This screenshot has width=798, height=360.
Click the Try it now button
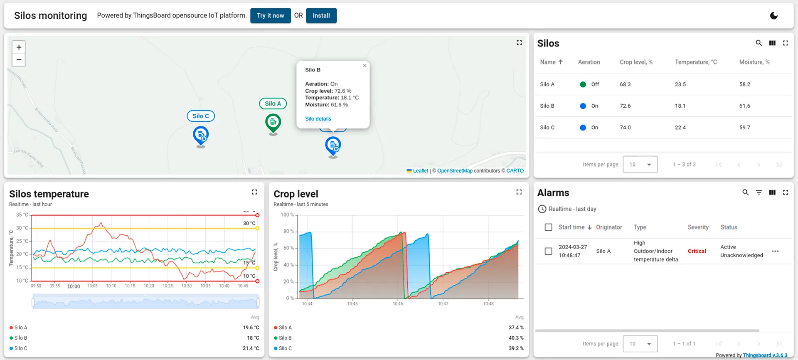coord(270,16)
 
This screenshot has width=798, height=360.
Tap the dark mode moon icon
coord(773,16)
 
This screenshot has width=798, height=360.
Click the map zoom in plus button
coord(19,47)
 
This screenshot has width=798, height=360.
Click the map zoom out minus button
coord(19,60)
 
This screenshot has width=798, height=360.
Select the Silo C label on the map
coord(201,116)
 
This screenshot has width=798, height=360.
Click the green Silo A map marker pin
coord(273,123)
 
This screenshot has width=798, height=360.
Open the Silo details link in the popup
coord(318,119)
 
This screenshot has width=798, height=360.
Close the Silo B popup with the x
coord(365,66)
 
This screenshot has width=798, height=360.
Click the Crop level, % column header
coord(636,62)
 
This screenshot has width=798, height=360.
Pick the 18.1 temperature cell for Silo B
coord(680,106)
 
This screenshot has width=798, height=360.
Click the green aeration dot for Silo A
coord(583,84)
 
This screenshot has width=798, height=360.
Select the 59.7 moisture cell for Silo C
coord(744,128)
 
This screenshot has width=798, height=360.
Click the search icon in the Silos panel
coord(759,43)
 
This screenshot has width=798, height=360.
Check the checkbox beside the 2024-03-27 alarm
coord(548,251)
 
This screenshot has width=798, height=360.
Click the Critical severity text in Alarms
coord(697,251)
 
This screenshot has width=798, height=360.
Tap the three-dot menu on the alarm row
coord(775,251)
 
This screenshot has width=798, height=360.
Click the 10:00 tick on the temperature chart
coord(74,286)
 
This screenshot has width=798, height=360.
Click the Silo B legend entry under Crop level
coord(285,338)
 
